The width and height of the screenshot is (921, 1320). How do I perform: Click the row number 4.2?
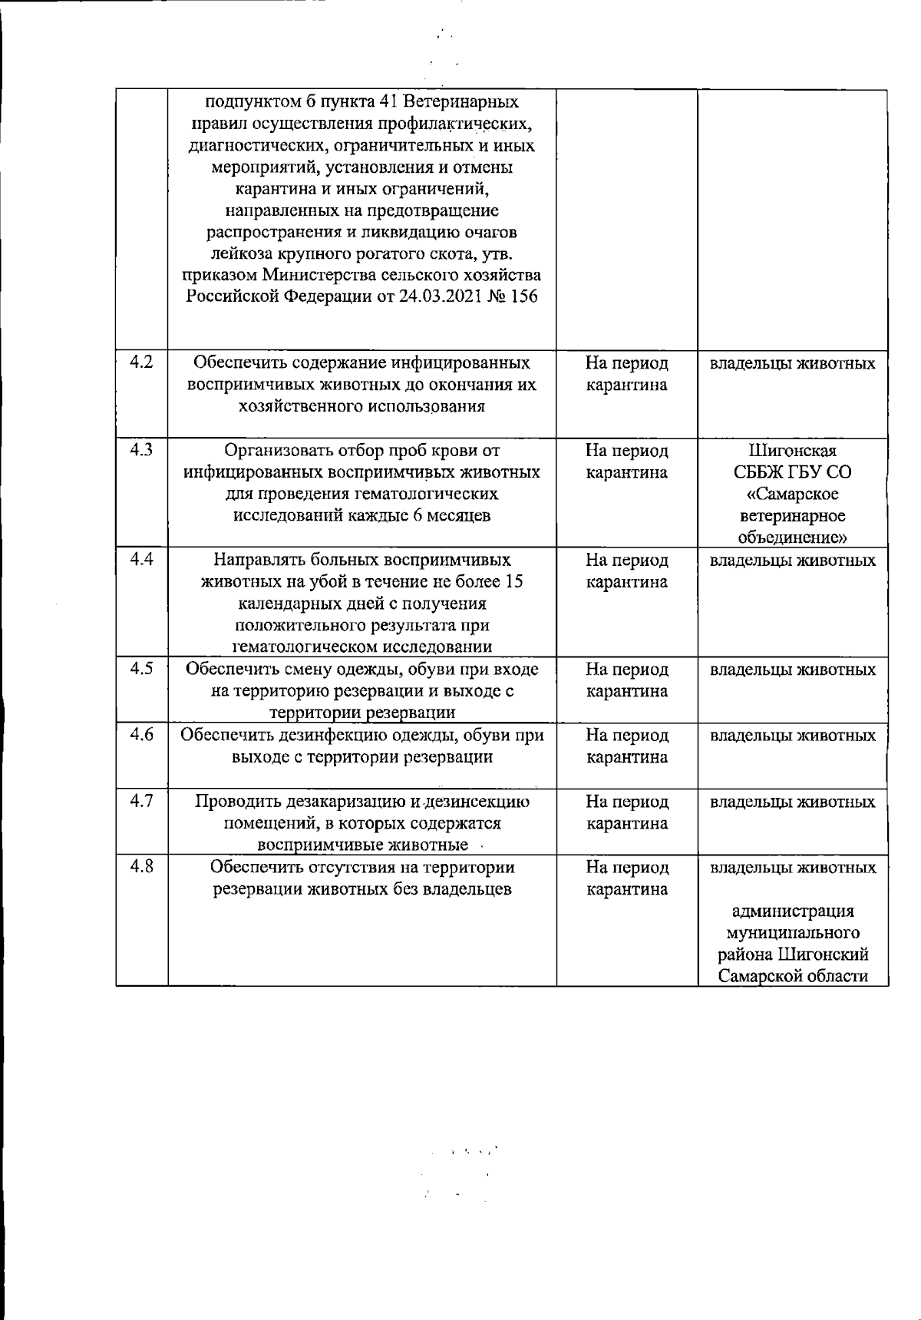click(141, 362)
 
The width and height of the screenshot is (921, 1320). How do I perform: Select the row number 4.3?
click(141, 449)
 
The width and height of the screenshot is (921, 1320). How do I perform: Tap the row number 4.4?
click(141, 559)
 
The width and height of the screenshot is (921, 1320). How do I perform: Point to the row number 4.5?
click(141, 668)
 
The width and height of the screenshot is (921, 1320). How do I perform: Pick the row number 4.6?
click(141, 734)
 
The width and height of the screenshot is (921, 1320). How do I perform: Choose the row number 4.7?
click(141, 801)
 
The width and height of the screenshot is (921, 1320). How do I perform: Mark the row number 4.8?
click(141, 866)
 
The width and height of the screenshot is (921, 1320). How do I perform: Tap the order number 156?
click(523, 296)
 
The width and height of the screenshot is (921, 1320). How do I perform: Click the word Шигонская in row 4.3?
click(793, 450)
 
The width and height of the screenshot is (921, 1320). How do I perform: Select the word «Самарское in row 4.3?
click(793, 493)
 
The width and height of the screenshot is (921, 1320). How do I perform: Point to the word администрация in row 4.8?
click(793, 911)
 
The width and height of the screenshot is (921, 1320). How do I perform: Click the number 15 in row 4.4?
click(514, 581)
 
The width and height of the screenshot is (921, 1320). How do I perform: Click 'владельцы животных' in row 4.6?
click(793, 736)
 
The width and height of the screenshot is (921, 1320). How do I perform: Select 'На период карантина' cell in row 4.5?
click(627, 680)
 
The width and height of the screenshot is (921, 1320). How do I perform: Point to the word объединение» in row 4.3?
click(793, 536)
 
